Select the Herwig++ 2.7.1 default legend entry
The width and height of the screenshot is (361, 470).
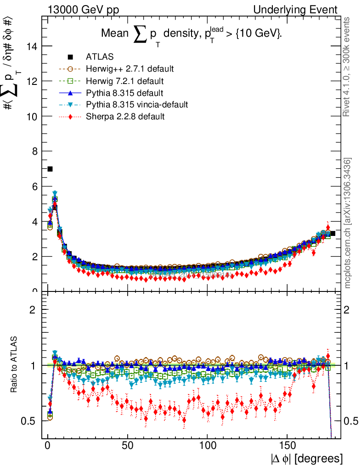pos(130,69)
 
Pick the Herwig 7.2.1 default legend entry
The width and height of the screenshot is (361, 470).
pos(125,81)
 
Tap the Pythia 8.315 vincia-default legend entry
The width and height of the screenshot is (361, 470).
pos(137,105)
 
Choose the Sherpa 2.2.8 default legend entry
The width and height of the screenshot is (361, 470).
pos(125,117)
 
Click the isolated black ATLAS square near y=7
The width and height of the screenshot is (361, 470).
pos(50,169)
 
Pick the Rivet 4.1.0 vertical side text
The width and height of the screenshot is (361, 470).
pos(347,67)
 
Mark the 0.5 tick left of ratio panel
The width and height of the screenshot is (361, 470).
pos(32,421)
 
